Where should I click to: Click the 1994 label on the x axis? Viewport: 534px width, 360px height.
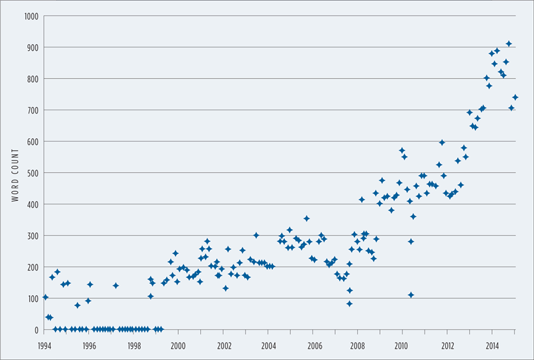point(45,346)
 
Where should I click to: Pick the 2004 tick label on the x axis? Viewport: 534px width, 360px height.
point(269,346)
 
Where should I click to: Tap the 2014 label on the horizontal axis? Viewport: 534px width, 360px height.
point(493,346)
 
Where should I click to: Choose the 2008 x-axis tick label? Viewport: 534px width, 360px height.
point(358,346)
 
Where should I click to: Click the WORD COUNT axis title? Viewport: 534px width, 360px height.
point(14,172)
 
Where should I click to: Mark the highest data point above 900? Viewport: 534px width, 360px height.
point(509,43)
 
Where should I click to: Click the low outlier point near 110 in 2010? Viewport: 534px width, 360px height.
point(411,295)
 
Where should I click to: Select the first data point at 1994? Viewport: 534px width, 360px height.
point(45,297)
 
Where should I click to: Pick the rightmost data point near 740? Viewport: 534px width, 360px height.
point(515,98)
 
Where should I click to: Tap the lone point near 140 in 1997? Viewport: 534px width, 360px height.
point(115,286)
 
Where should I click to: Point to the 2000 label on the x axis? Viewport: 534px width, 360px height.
point(179,346)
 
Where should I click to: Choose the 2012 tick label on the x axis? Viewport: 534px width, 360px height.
point(448,346)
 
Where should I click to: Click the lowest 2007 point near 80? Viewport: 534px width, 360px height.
point(349,304)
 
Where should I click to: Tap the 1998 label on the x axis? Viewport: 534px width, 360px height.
point(134,346)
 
